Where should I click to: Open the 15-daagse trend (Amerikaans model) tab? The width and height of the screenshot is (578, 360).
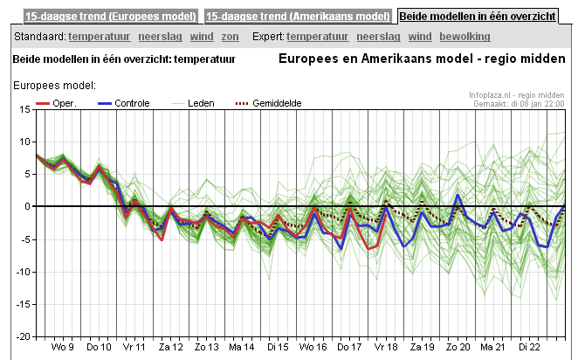click(x=298, y=16)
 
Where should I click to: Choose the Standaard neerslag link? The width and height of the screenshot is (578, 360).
click(x=159, y=37)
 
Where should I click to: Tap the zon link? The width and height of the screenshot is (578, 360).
click(x=231, y=37)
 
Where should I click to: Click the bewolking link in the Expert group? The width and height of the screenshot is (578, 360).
click(x=464, y=37)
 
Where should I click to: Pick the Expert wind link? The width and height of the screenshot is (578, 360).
click(x=420, y=37)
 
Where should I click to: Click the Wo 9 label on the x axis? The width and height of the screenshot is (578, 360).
click(x=62, y=347)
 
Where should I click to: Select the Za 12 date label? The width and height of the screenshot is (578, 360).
click(x=170, y=347)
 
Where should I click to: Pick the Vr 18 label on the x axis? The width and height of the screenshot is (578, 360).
click(x=385, y=347)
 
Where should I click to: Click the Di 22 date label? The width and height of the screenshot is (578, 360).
click(x=529, y=347)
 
